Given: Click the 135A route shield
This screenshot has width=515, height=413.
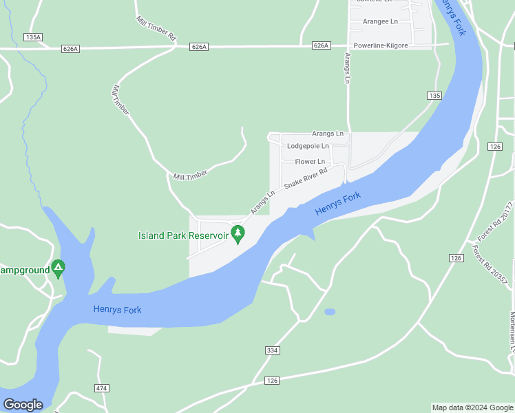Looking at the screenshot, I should pos(32,37).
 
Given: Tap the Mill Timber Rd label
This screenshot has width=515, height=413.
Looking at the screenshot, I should pos(157,28).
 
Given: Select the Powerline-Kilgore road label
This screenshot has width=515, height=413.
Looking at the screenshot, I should pos(381,45).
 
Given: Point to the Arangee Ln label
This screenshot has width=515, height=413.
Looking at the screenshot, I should pos(381,21).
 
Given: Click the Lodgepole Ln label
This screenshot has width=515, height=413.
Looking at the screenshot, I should pos(308,146).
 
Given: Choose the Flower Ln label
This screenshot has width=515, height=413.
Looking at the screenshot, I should pos(310,162).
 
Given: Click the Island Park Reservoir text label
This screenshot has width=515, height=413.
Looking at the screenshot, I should pos(183,235).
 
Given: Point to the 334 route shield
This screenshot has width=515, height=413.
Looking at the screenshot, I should pos(272,350).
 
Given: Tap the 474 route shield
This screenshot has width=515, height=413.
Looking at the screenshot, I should pos(102,388).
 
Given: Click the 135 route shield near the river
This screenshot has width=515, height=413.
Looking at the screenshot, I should pos(433,96).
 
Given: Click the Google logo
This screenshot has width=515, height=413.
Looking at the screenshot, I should pos(23,405).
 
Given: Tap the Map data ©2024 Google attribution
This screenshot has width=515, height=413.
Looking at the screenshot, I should pos(473,407).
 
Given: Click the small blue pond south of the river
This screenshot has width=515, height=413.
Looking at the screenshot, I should pos(330,312).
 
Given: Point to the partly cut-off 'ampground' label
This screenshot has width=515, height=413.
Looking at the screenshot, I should pos(25,270).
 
